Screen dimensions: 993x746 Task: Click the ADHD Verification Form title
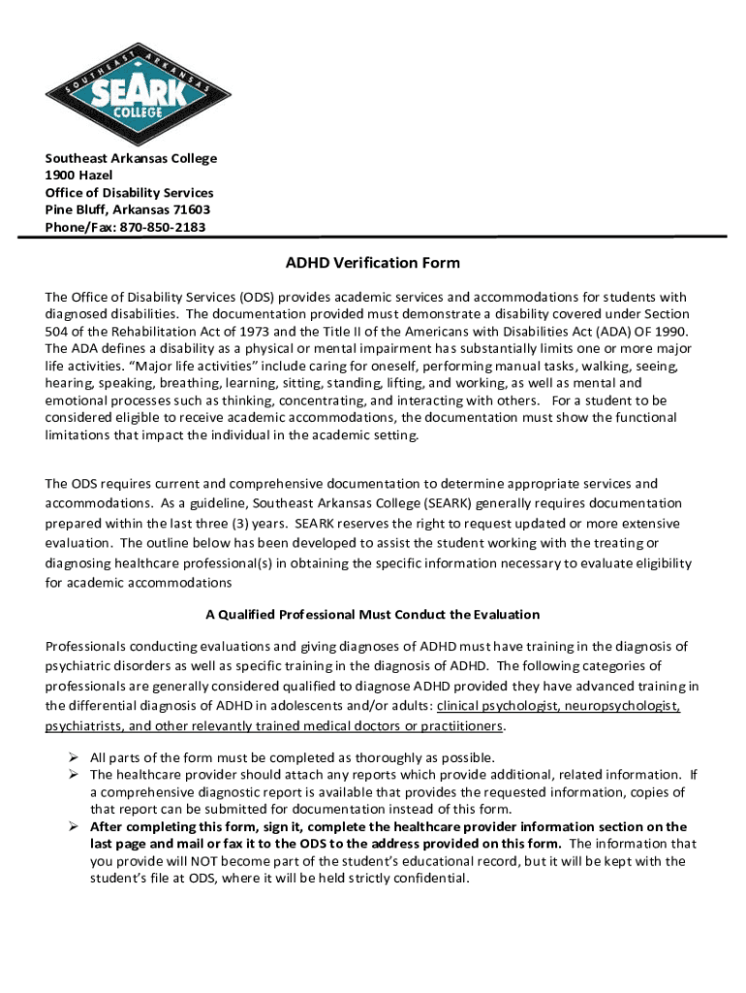[372, 263]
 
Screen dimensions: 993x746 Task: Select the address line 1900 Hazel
[79, 176]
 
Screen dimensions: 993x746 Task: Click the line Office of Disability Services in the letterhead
[130, 193]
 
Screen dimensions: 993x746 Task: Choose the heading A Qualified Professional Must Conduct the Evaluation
[373, 615]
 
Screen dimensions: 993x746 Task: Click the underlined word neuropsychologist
[622, 706]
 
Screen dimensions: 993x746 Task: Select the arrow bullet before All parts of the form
[73, 757]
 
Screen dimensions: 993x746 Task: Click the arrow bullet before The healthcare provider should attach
[73, 775]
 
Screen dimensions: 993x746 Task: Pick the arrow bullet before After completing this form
[73, 827]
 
